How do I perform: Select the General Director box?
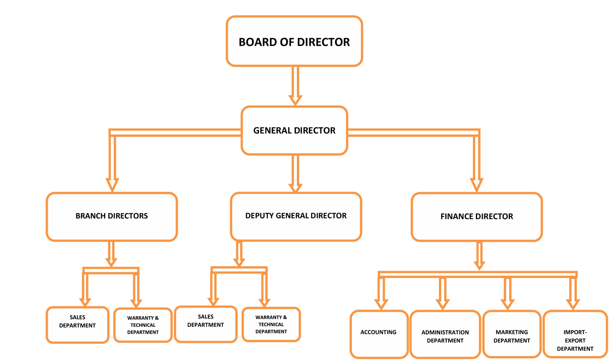[294, 130]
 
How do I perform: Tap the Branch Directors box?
[112, 216]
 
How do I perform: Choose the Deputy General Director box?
[296, 216]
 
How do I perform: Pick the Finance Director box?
[477, 217]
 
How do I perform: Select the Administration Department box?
[445, 336]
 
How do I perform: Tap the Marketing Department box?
[512, 336]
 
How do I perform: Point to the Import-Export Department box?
[575, 340]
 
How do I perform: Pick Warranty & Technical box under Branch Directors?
[143, 325]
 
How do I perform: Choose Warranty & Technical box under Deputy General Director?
[271, 324]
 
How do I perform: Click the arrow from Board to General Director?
[295, 85]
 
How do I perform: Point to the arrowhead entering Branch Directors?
[112, 185]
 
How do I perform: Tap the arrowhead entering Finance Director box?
[476, 185]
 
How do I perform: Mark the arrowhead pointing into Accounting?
[381, 304]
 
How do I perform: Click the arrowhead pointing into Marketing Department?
[507, 304]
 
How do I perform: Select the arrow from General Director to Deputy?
[295, 172]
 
